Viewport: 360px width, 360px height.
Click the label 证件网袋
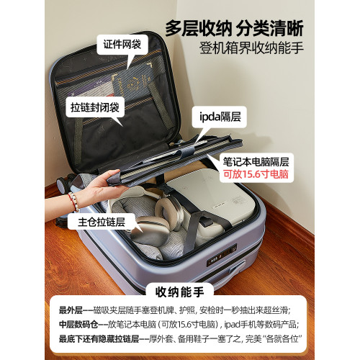click(x=121, y=45)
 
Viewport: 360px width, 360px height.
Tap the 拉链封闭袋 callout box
click(x=96, y=109)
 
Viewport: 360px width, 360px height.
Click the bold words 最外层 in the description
click(x=71, y=310)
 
